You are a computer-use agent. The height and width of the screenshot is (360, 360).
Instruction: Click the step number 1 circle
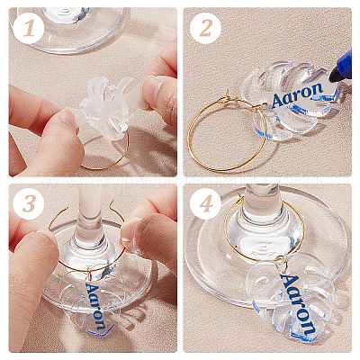pyautogui.click(x=29, y=29)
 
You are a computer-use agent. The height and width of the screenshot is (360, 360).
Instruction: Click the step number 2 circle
pyautogui.click(x=205, y=29)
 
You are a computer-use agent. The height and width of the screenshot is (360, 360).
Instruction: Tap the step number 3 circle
pyautogui.click(x=29, y=204)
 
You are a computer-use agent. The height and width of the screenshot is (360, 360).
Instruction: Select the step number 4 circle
pyautogui.click(x=205, y=204)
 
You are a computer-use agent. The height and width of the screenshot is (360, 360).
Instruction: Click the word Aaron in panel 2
pyautogui.click(x=297, y=94)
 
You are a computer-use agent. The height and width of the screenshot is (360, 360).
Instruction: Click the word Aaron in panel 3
pyautogui.click(x=96, y=306)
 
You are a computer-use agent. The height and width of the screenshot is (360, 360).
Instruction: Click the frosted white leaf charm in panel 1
pyautogui.click(x=104, y=107)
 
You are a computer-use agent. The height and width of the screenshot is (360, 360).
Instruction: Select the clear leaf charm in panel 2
pyautogui.click(x=288, y=100)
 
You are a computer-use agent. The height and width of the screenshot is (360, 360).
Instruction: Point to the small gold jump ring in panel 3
pyautogui.click(x=90, y=274)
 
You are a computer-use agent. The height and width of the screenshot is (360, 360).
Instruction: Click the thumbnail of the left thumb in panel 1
pyautogui.click(x=68, y=119)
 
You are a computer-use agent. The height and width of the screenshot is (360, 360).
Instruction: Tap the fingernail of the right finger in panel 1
pyautogui.click(x=152, y=89)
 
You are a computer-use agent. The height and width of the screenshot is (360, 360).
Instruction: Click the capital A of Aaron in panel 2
pyautogui.click(x=278, y=101)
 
